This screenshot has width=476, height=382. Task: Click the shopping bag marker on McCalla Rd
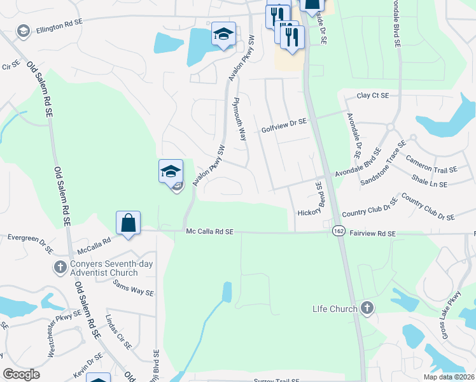tap(128, 223)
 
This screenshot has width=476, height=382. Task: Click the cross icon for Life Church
tap(366, 309)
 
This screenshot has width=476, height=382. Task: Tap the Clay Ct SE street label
tap(372, 95)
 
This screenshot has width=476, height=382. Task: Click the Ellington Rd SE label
tap(59, 26)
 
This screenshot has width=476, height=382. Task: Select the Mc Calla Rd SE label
tap(210, 233)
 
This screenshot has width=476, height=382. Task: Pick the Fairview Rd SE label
tap(373, 234)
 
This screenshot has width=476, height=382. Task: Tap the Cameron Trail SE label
tap(431, 165)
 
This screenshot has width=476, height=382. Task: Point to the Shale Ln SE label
tap(429, 181)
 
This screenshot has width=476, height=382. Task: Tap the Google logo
tap(21, 374)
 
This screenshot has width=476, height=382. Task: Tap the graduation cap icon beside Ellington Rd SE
tap(24, 31)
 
